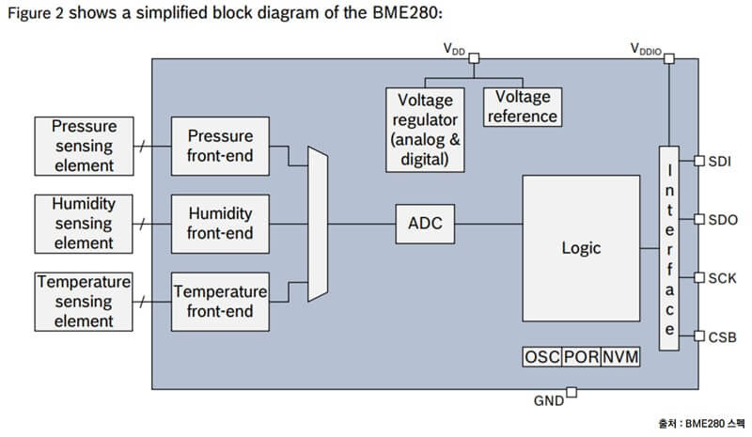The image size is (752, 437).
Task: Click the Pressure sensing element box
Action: click(x=83, y=146)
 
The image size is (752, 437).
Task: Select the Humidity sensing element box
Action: click(x=83, y=224)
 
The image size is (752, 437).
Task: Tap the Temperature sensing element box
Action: click(x=83, y=301)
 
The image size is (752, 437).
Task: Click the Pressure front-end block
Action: click(x=220, y=146)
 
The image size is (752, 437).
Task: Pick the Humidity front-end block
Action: click(x=220, y=224)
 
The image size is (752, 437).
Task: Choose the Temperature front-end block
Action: click(x=220, y=301)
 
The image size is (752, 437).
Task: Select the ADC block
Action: click(x=425, y=224)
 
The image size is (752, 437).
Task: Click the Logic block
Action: click(x=580, y=248)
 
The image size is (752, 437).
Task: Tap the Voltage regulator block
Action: click(x=425, y=130)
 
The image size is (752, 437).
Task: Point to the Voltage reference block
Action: click(x=522, y=107)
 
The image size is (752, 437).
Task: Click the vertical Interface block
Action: click(x=668, y=249)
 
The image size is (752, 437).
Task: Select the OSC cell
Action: click(x=541, y=357)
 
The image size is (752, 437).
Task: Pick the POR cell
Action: click(x=581, y=357)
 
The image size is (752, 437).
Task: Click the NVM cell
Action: click(x=619, y=357)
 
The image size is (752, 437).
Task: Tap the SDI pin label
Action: click(x=721, y=161)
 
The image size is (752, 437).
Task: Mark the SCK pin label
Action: click(x=722, y=278)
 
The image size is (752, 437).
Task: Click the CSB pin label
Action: click(x=722, y=336)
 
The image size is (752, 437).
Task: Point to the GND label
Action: click(x=548, y=400)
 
